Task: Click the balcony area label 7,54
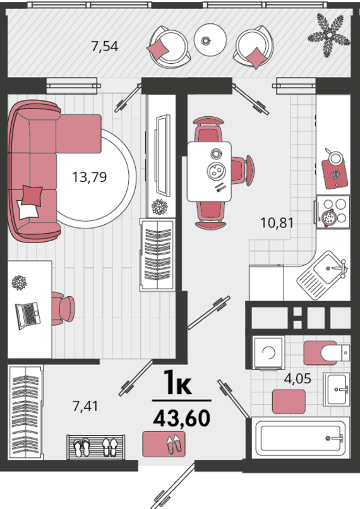[x=105, y=47]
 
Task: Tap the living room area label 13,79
[x=89, y=177]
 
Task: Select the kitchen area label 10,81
[x=277, y=223]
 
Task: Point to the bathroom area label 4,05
[x=297, y=378]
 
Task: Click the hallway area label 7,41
[x=85, y=406]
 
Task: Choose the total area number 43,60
[x=181, y=419]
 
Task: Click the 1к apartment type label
[x=177, y=383]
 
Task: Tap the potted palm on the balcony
[x=329, y=35]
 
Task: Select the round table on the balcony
[x=210, y=40]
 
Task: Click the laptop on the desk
[x=28, y=316]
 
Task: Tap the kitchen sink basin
[x=328, y=269]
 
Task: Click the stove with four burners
[x=333, y=212]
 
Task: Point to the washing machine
[x=268, y=353]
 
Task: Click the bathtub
[x=301, y=438]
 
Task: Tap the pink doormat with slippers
[x=164, y=444]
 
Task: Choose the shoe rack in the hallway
[x=96, y=447]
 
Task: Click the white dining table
[x=210, y=171]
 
